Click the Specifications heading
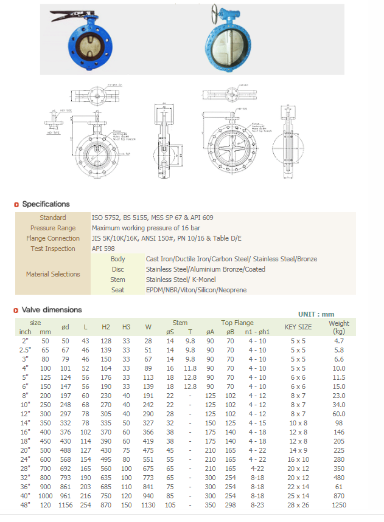click(x=46, y=204)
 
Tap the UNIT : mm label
click(x=316, y=314)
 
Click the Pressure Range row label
click(x=53, y=228)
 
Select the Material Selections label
click(x=53, y=274)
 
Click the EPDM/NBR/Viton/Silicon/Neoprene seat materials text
click(x=196, y=290)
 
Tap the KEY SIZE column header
click(x=298, y=327)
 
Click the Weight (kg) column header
click(x=339, y=327)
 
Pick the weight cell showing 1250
click(x=339, y=506)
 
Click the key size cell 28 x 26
click(x=298, y=506)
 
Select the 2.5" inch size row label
click(x=26, y=350)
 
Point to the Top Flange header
click(x=237, y=323)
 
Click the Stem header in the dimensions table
click(x=180, y=323)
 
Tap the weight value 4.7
click(x=339, y=342)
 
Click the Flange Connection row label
click(x=53, y=238)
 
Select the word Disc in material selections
click(x=118, y=269)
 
